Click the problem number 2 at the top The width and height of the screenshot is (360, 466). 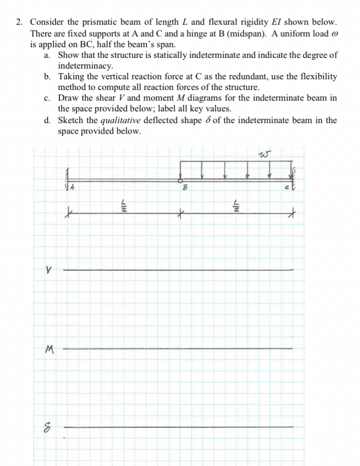[x=18, y=23]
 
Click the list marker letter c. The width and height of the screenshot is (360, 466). [x=47, y=98]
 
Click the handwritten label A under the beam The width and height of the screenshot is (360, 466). [x=73, y=187]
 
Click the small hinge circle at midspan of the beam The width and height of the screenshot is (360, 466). [x=179, y=180]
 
